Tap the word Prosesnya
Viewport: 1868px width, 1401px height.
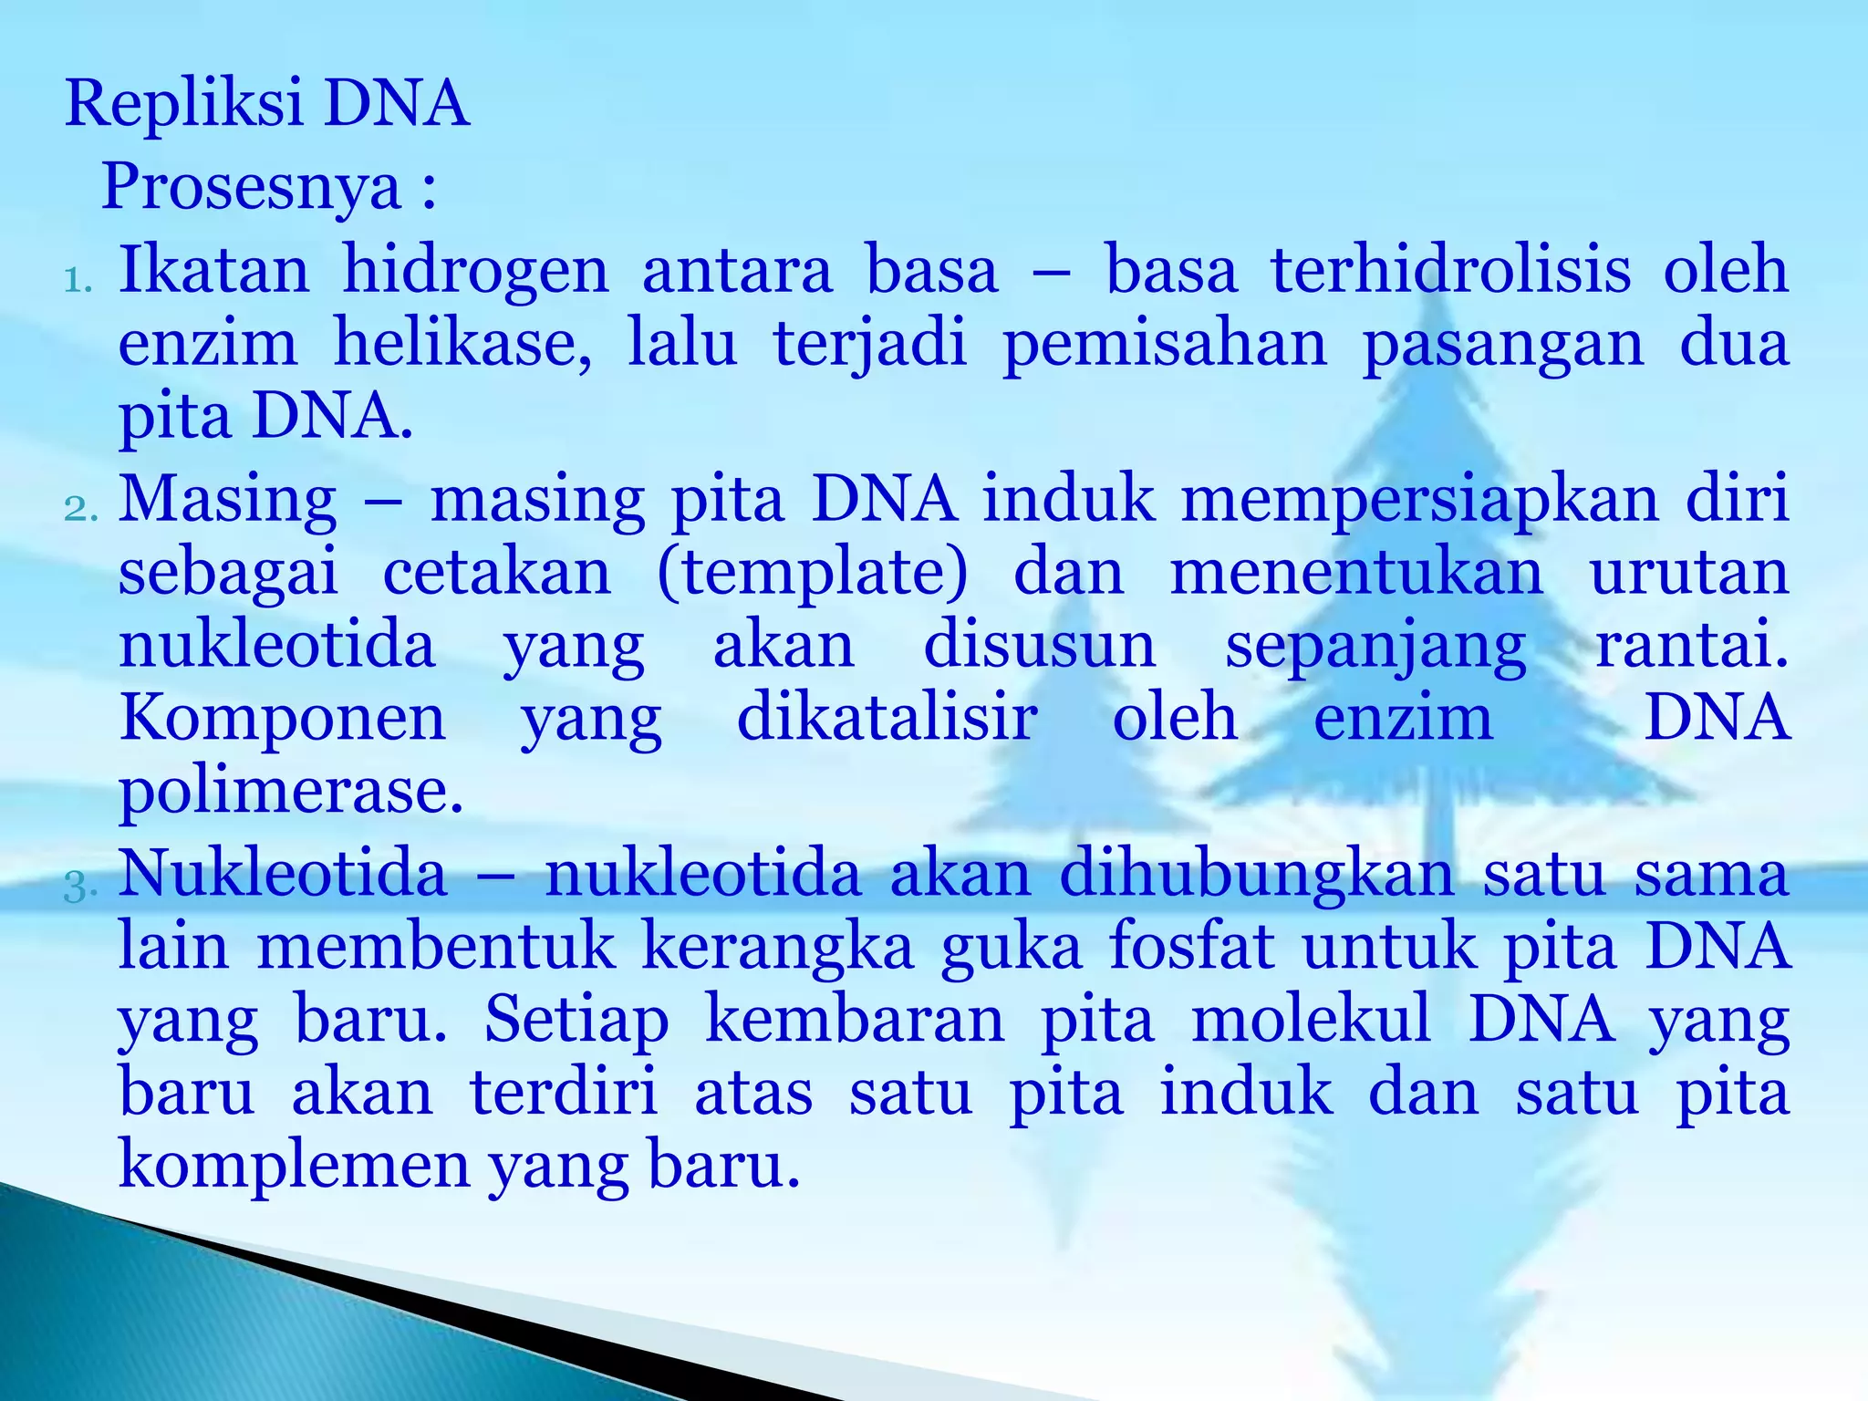click(252, 188)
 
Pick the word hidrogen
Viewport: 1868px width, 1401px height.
click(475, 272)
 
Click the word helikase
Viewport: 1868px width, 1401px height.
click(462, 344)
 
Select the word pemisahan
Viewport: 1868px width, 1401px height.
click(1165, 344)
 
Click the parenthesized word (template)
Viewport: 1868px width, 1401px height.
click(812, 573)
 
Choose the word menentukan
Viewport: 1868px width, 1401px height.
click(1357, 573)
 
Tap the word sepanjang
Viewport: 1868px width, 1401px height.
click(1375, 648)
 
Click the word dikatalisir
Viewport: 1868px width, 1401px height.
click(887, 718)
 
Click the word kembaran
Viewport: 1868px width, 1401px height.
click(855, 1019)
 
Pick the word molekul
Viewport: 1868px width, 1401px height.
click(1312, 1019)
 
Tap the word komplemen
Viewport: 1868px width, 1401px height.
click(294, 1166)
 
